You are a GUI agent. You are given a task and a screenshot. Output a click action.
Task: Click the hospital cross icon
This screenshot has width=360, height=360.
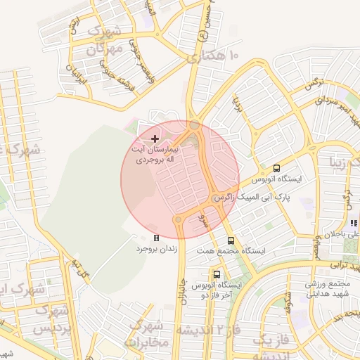(x=155, y=139)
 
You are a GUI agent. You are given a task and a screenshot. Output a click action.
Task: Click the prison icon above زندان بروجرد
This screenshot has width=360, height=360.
(x=156, y=238)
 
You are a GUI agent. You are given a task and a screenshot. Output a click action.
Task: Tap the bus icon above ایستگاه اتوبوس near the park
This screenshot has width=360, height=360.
(x=276, y=169)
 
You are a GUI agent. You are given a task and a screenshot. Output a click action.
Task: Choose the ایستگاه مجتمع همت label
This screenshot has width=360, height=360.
(x=263, y=251)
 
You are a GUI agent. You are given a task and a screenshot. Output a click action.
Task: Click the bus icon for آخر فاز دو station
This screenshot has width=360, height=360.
(x=217, y=274)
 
